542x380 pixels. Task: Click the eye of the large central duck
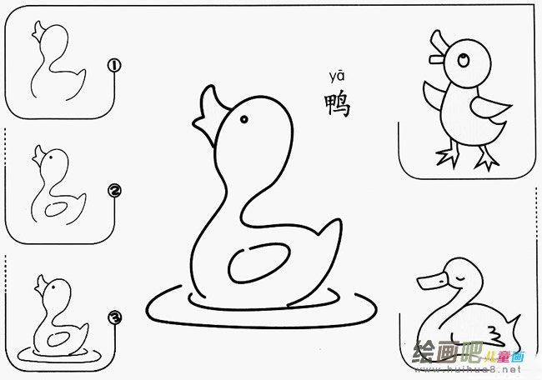point(244,119)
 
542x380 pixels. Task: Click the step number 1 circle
point(115,64)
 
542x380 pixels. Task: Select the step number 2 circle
point(115,192)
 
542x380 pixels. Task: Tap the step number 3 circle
point(115,317)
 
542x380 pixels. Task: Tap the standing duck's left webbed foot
point(447,156)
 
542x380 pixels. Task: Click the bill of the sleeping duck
point(430,280)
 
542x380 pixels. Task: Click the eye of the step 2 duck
point(49,157)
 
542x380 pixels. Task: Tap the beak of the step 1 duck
point(36,32)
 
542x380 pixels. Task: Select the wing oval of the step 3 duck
point(58,338)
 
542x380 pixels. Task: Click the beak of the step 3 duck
point(39,288)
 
